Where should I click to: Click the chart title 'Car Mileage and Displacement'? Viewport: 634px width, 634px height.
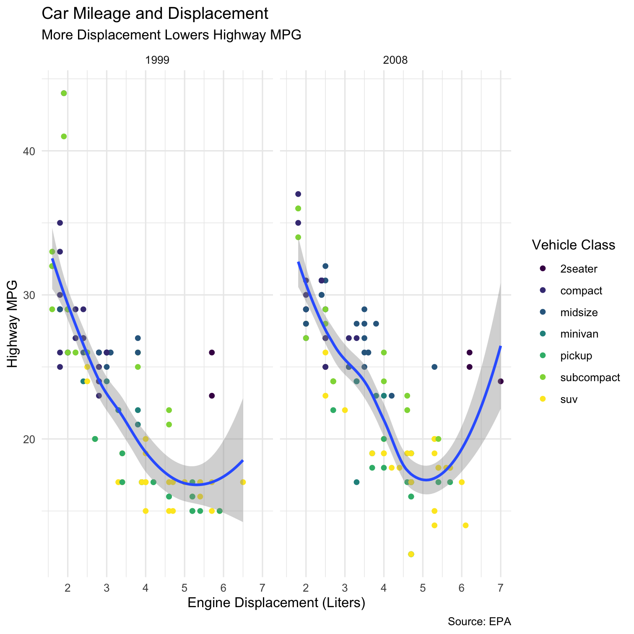click(x=155, y=14)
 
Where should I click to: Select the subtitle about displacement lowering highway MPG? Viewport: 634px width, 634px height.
click(x=171, y=35)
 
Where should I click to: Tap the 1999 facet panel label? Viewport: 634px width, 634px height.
click(x=157, y=60)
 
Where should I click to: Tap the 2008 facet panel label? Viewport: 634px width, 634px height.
click(x=395, y=60)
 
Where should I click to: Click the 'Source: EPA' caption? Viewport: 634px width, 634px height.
click(x=479, y=621)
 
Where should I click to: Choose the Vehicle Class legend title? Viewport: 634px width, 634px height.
click(x=573, y=245)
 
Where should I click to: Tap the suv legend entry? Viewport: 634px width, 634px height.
click(x=569, y=399)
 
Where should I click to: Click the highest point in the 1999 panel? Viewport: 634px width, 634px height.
click(x=64, y=93)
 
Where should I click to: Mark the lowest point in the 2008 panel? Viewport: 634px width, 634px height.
click(x=411, y=554)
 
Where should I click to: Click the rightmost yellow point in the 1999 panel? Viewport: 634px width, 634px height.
click(x=243, y=482)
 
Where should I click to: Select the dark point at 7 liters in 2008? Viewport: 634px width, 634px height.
click(x=500, y=381)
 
